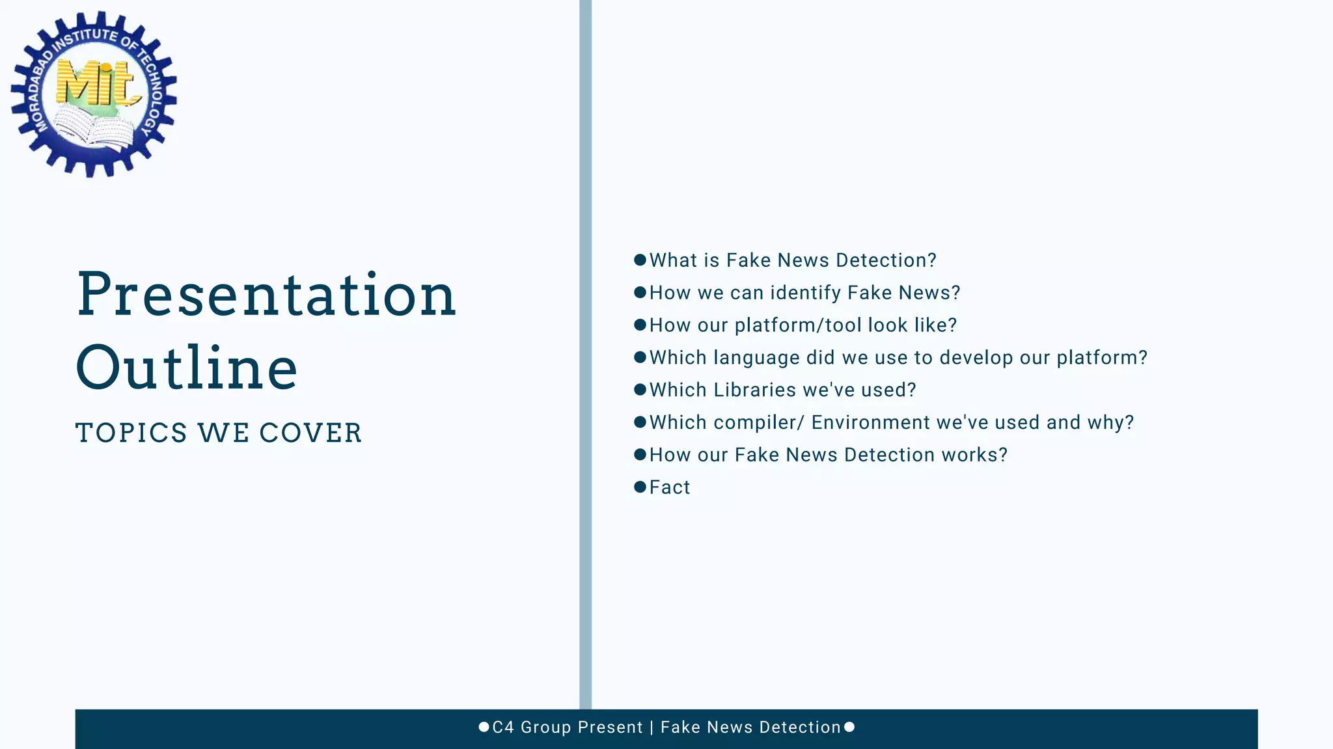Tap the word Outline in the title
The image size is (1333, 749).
(x=187, y=368)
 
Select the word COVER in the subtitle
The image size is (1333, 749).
(x=310, y=433)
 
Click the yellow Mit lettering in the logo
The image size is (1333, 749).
(x=98, y=83)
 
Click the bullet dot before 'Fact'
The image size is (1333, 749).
(x=640, y=487)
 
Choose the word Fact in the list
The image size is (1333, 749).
(x=670, y=487)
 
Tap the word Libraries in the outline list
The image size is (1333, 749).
(x=755, y=390)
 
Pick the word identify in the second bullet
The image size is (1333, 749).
(x=806, y=293)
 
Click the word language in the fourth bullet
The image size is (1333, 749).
(x=756, y=358)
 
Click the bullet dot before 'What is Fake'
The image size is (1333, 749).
(x=640, y=260)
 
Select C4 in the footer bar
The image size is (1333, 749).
(x=503, y=727)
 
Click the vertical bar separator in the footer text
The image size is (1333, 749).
(x=652, y=727)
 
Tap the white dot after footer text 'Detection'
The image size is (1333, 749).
(x=849, y=727)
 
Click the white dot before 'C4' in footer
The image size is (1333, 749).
(x=484, y=727)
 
